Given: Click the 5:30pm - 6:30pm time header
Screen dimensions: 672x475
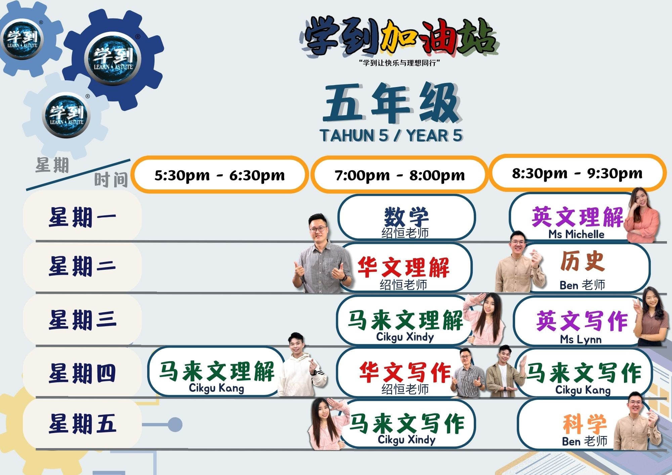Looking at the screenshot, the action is (x=219, y=175).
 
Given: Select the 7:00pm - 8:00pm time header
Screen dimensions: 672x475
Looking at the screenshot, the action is (x=400, y=175).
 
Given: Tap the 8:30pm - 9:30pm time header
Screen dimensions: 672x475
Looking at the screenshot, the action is (x=577, y=173).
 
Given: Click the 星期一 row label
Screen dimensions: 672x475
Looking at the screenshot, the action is (x=82, y=217).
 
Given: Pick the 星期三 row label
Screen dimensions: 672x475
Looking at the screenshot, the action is (x=82, y=319).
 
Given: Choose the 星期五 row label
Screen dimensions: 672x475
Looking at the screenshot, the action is (x=82, y=423).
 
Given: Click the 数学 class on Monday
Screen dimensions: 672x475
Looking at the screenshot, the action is (x=406, y=217).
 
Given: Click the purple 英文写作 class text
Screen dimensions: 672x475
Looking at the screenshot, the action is (x=582, y=320).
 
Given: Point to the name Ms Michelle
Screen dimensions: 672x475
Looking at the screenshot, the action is (x=576, y=234).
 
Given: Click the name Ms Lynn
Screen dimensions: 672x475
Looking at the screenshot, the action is (x=581, y=339).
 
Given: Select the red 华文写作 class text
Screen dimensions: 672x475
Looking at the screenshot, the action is (x=405, y=372).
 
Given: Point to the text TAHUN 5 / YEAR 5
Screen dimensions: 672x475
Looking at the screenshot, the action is (x=391, y=135).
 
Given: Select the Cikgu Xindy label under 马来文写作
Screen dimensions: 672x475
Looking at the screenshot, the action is (x=407, y=440).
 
